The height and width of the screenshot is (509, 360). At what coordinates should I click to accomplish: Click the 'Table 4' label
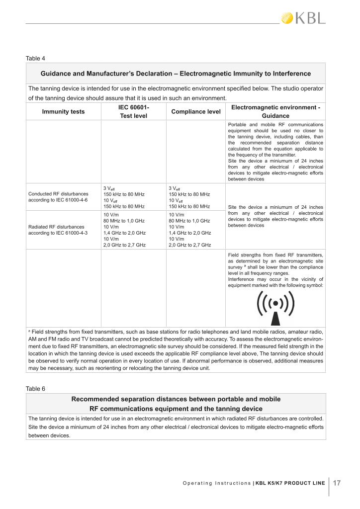(x=35, y=58)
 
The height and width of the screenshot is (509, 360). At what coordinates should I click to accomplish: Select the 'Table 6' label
(x=35, y=389)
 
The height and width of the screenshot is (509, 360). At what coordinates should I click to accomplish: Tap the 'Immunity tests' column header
(x=63, y=112)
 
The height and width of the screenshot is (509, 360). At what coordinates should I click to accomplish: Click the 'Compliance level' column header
(x=195, y=112)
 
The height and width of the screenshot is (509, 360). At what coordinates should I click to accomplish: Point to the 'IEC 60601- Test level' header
(x=134, y=112)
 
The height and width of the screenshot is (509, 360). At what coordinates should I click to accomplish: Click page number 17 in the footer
(x=337, y=482)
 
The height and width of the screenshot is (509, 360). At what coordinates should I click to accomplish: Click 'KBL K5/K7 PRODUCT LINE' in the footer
(x=290, y=483)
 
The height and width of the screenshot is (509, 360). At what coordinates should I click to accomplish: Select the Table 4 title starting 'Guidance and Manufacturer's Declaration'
(x=176, y=74)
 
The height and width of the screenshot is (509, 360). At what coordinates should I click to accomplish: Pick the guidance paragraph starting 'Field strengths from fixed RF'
(x=275, y=263)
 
